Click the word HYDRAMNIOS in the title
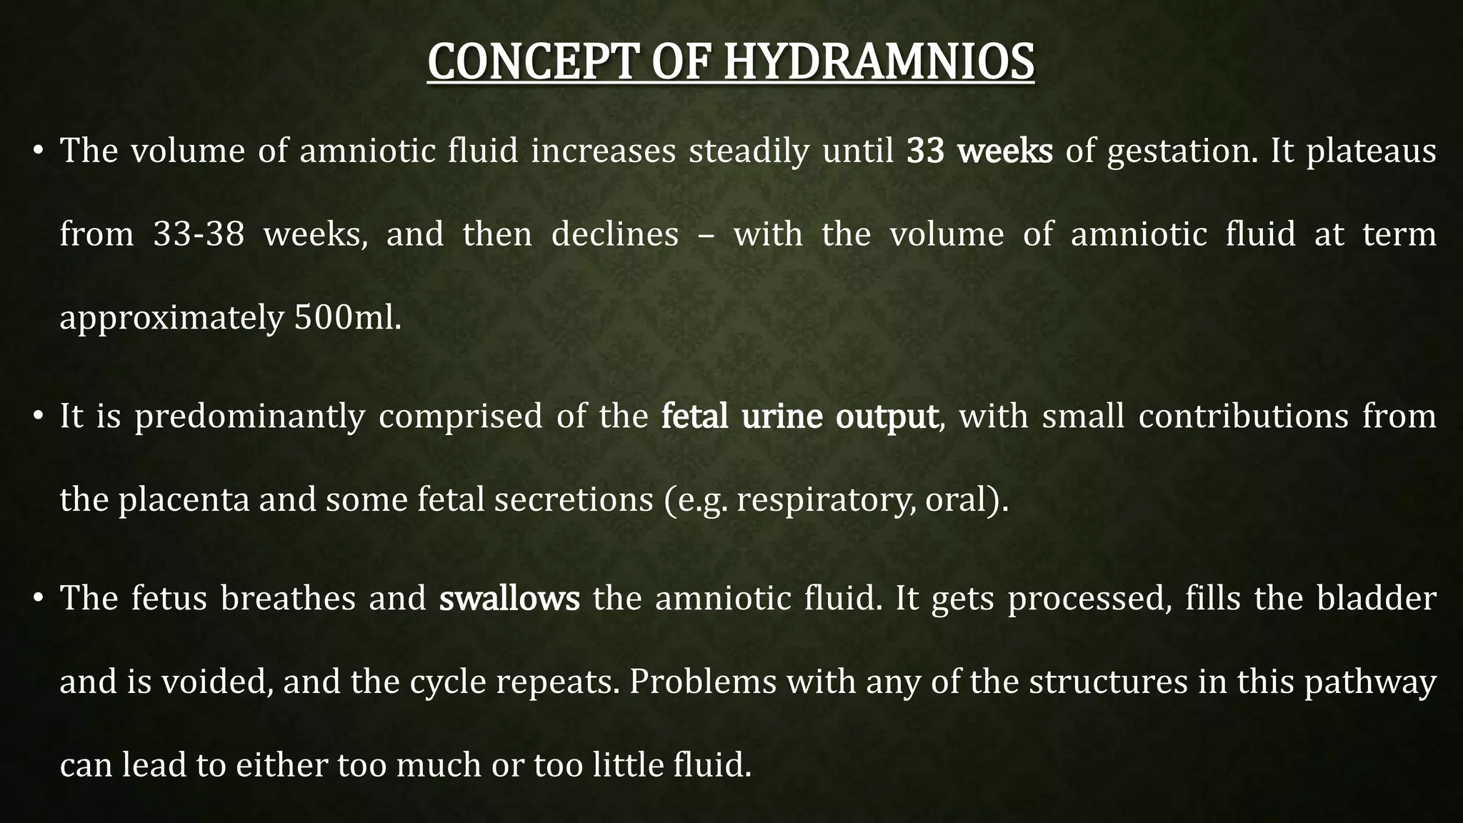tap(879, 61)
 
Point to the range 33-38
tap(199, 234)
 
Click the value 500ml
tap(347, 318)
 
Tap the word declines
tap(614, 234)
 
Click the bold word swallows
tap(509, 599)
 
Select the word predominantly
tap(249, 417)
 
